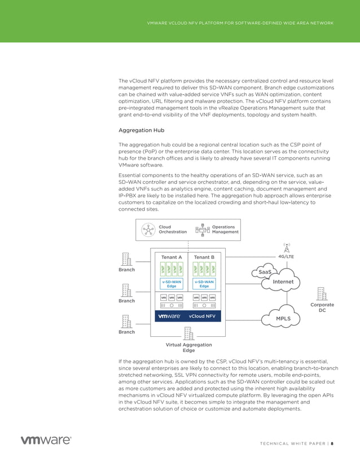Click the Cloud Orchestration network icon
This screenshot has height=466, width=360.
[x=148, y=230]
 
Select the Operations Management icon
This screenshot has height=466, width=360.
[x=201, y=230]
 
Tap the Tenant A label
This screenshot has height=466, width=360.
[x=172, y=257]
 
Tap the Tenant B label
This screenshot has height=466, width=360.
[x=204, y=257]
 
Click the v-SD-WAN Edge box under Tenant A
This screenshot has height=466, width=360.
[x=172, y=284]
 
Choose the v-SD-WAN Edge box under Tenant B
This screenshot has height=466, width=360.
[x=204, y=284]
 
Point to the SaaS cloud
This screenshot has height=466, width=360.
[x=264, y=272]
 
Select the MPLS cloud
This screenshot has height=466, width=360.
[x=283, y=318]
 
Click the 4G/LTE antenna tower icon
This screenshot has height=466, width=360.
[x=287, y=248]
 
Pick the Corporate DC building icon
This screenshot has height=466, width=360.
[x=322, y=294]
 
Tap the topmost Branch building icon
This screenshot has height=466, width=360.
[x=126, y=258]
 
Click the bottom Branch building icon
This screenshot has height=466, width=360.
[x=126, y=321]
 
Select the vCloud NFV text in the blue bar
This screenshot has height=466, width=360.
[x=202, y=316]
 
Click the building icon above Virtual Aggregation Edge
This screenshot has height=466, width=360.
[x=188, y=333]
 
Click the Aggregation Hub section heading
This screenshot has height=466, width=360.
[x=141, y=130]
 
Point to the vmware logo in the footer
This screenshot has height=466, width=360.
[x=46, y=440]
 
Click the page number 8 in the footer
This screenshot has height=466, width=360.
[x=332, y=443]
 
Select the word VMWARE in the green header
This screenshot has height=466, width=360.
[x=156, y=23]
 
